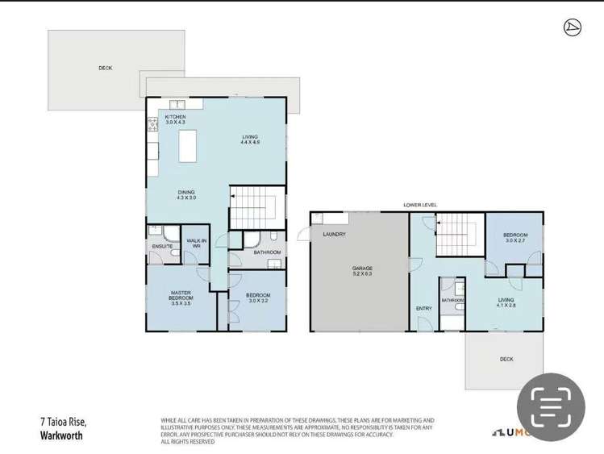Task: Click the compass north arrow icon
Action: point(573,28)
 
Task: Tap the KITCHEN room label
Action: point(175,117)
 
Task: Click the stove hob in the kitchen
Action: point(152,124)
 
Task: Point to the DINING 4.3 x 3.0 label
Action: point(187,194)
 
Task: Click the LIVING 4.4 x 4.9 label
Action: point(250,140)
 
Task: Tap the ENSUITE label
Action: point(162,246)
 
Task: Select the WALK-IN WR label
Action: point(196,243)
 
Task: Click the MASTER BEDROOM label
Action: point(181,298)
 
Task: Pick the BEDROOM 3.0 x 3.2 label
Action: point(258,298)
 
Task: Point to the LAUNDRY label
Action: point(334,235)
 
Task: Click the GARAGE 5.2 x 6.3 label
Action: point(362,271)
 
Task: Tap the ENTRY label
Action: point(424,308)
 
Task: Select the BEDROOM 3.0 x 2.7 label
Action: point(515,237)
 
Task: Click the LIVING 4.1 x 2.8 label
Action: point(506,302)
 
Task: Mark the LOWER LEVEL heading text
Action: point(420,206)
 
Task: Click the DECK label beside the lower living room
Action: point(506,359)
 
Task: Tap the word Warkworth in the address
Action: point(61,435)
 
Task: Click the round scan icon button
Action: point(551,406)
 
